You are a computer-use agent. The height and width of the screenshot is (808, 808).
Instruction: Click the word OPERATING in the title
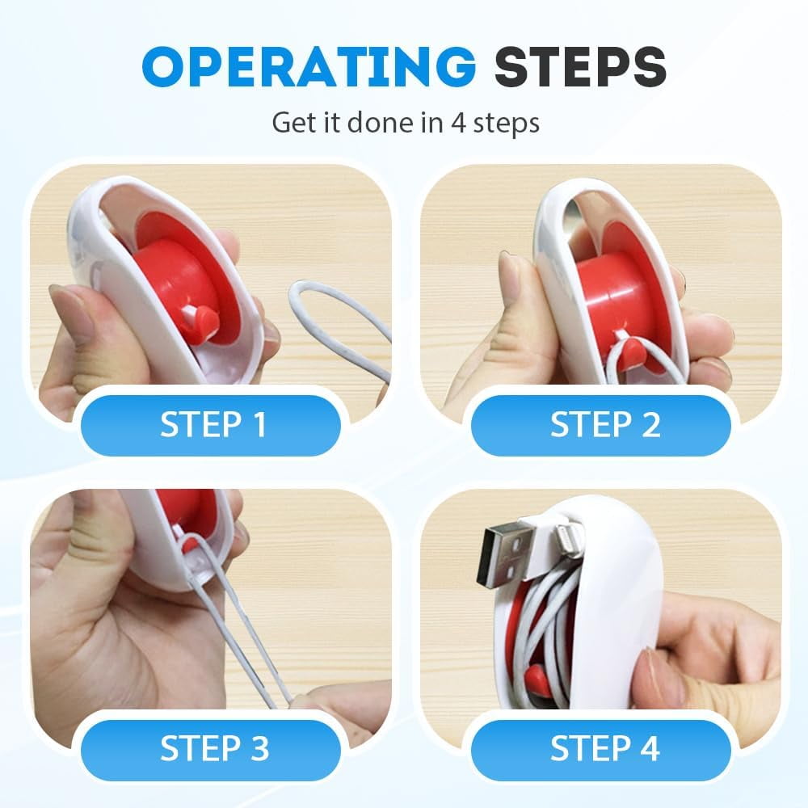tap(309, 66)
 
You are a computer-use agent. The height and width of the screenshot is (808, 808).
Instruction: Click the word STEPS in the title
tap(580, 66)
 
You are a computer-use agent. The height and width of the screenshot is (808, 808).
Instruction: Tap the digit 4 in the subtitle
tap(458, 123)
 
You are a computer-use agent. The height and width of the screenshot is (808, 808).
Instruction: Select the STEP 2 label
tap(605, 424)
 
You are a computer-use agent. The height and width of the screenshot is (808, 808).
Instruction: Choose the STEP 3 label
tap(214, 747)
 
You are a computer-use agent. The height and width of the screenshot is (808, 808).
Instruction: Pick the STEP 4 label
tap(605, 747)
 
